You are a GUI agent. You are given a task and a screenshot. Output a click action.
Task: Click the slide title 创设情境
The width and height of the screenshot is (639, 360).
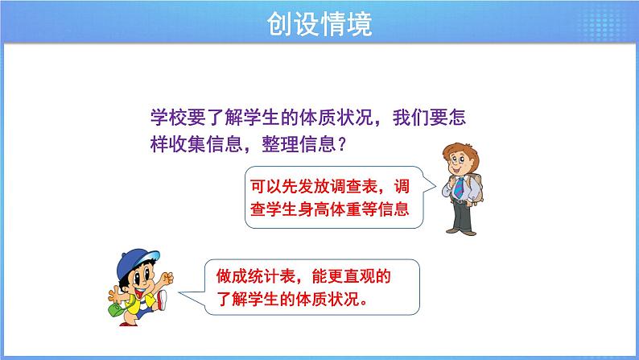[319, 25]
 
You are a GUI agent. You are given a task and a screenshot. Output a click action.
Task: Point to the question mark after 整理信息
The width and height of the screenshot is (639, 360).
[341, 145]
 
